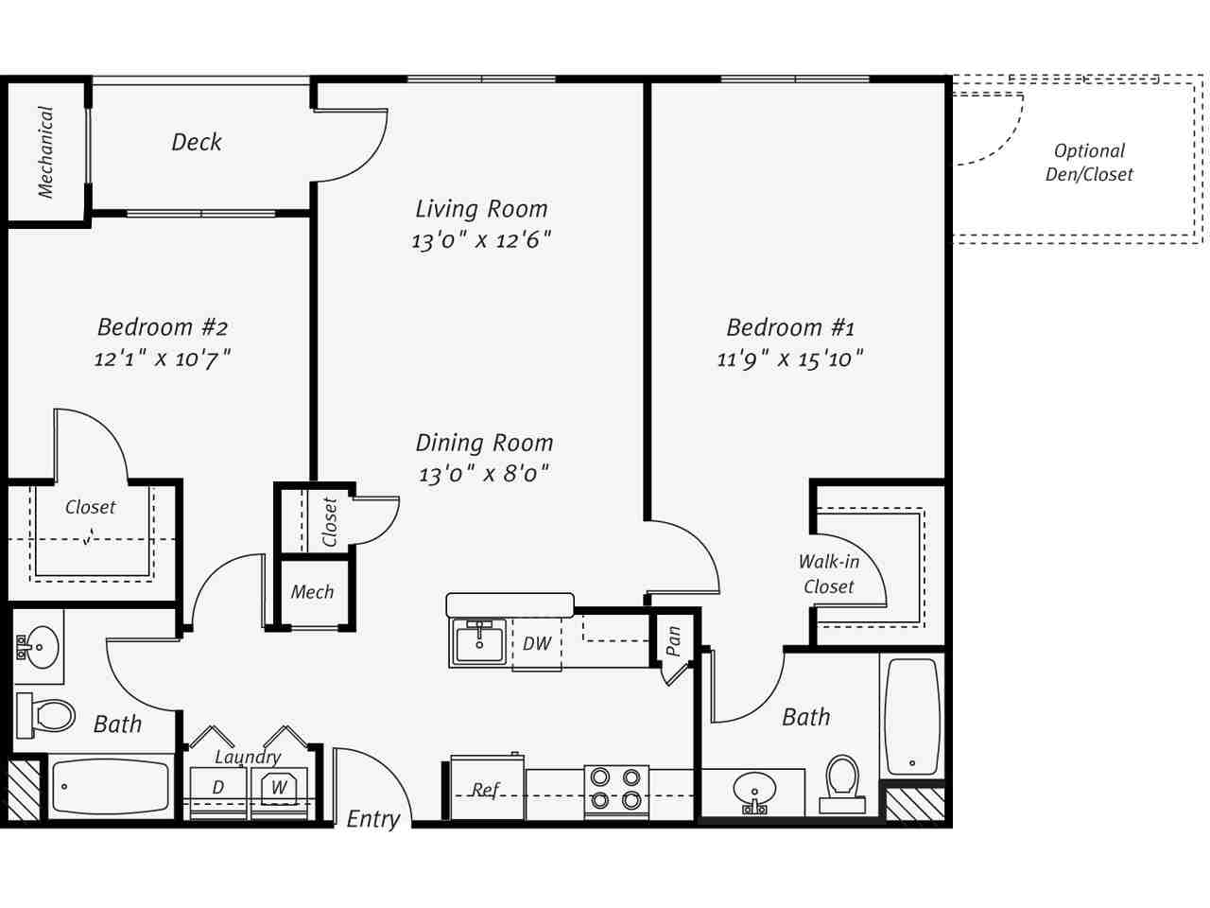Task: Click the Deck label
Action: pyautogui.click(x=197, y=142)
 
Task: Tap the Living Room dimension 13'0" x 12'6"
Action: pyautogui.click(x=481, y=240)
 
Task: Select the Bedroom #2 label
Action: pyautogui.click(x=163, y=327)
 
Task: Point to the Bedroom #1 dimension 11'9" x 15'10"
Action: pyautogui.click(x=790, y=358)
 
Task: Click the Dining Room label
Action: pyautogui.click(x=484, y=443)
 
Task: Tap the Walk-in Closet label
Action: pyautogui.click(x=829, y=574)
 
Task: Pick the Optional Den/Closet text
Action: pyautogui.click(x=1089, y=163)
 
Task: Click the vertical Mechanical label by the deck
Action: pyautogui.click(x=45, y=151)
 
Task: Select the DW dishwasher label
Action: pyautogui.click(x=537, y=644)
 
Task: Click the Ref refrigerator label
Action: pyautogui.click(x=485, y=789)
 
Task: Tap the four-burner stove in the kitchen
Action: pyautogui.click(x=615, y=790)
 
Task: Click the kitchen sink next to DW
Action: pyautogui.click(x=479, y=643)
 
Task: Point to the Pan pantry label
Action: pyautogui.click(x=673, y=641)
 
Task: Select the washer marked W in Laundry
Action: pyautogui.click(x=280, y=788)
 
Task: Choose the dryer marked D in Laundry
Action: pyautogui.click(x=218, y=788)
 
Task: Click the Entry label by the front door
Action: pyautogui.click(x=372, y=819)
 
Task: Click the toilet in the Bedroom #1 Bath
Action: pyautogui.click(x=841, y=783)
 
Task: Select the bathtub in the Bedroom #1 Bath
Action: pyautogui.click(x=912, y=716)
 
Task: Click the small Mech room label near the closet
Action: pyautogui.click(x=312, y=592)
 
